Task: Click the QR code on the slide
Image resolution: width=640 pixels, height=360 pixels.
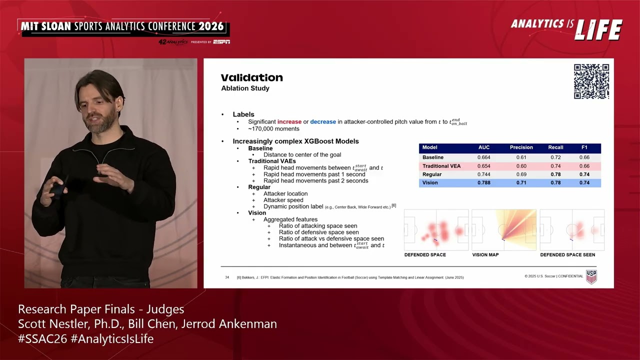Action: point(591,81)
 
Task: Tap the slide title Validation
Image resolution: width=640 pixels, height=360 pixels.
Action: point(252,77)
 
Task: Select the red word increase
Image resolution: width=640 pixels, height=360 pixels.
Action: point(289,121)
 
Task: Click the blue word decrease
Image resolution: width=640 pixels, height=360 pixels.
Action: point(323,121)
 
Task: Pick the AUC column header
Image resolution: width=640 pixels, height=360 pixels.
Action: point(484,147)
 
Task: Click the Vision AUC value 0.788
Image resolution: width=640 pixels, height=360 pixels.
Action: point(484,182)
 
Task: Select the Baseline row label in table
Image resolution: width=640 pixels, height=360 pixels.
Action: point(433,157)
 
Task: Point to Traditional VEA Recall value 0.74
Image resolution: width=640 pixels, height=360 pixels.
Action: point(555,166)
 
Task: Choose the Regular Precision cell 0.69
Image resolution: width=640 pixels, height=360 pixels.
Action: point(521,174)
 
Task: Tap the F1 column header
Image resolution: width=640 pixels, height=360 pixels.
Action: point(584,147)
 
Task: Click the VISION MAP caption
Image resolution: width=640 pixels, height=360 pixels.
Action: point(485,255)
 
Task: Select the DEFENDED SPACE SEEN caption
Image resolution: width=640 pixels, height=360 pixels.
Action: point(567,255)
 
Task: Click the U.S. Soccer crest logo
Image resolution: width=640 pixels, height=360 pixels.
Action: point(591,276)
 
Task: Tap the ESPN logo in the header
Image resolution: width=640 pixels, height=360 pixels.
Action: point(221,42)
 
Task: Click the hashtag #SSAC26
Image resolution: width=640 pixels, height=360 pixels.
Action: point(42,339)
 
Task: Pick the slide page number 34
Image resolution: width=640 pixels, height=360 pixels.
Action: point(227,277)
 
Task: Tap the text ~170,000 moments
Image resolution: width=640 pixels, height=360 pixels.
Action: point(273,129)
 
